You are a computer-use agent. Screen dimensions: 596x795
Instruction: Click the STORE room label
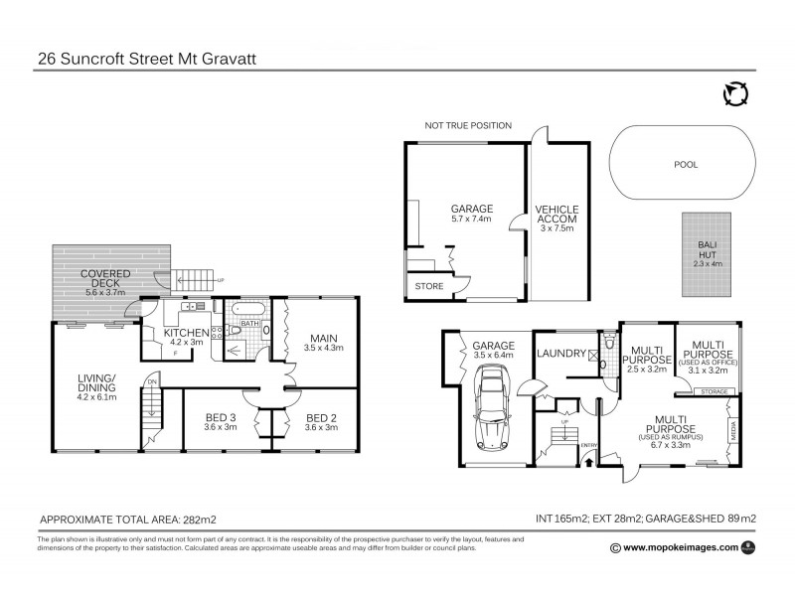429,288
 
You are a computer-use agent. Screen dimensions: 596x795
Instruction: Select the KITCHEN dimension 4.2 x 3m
185,343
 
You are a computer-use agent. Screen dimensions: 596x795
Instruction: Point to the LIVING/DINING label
97,383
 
